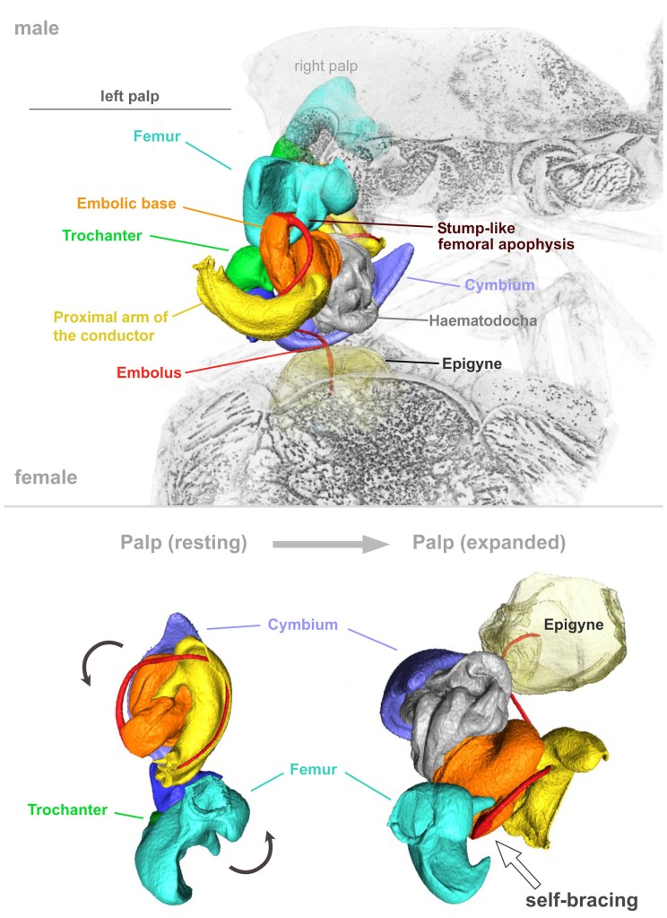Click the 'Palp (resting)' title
[x=184, y=543]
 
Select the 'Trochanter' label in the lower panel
[x=69, y=809]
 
